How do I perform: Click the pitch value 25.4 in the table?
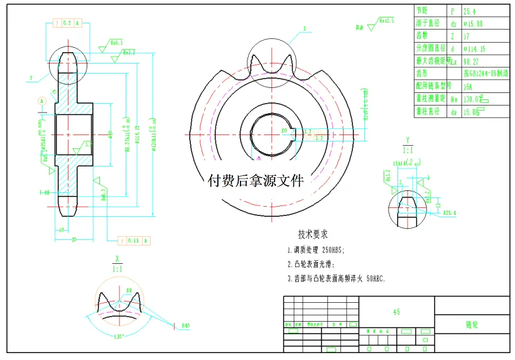470,11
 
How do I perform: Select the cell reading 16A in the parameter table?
468,85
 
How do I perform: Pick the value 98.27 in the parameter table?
470,61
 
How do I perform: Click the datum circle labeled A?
42,100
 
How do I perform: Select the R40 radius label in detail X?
185,325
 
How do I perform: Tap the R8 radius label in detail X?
128,290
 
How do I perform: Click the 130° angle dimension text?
117,336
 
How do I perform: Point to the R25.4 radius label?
449,213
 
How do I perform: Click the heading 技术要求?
313,235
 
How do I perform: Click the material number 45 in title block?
396,312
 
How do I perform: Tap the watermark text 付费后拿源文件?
255,182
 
